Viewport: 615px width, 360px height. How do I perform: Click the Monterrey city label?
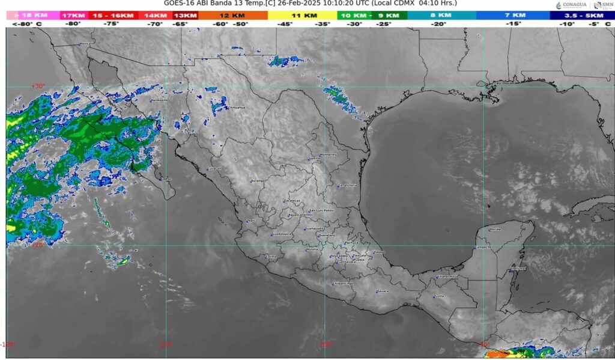tap(329, 154)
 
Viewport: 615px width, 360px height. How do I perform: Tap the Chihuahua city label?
tap(237, 108)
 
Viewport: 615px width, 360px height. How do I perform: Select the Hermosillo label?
tap(159, 100)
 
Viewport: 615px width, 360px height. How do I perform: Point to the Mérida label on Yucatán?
tap(495, 230)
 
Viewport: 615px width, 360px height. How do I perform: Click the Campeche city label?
tap(483, 247)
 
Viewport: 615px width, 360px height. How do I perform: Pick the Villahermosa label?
tap(447, 276)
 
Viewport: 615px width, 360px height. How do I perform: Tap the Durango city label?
tap(258, 181)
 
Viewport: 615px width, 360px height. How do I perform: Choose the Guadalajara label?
tap(282, 234)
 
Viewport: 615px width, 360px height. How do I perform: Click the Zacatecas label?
tap(292, 201)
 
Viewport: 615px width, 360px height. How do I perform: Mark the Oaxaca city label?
tap(382, 291)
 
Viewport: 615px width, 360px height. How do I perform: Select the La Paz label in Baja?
tap(166, 179)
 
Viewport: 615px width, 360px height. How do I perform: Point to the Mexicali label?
tap(87, 43)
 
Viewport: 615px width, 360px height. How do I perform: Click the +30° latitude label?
tap(38, 86)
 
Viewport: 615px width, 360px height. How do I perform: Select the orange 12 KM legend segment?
tap(232, 15)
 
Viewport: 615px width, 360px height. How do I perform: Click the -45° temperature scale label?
tap(284, 24)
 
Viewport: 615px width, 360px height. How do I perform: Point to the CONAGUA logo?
tap(569, 5)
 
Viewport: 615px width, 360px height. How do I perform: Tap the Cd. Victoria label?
tap(348, 185)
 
